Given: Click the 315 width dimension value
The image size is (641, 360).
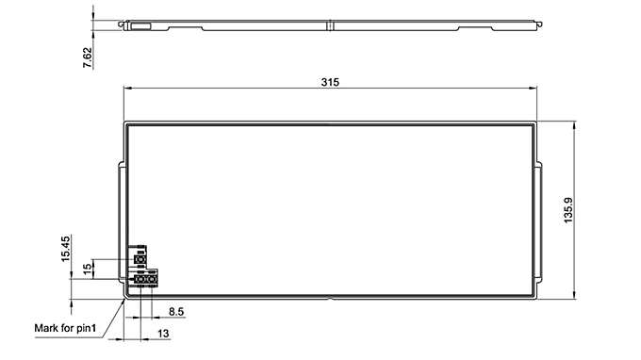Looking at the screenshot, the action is click(x=329, y=82).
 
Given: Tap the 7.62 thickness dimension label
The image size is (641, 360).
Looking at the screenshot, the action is click(x=88, y=55).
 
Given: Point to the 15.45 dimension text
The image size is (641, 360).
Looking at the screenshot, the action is click(x=66, y=249).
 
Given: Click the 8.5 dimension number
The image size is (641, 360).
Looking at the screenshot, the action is click(x=176, y=311).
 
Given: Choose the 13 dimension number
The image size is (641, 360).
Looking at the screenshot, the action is click(x=163, y=334).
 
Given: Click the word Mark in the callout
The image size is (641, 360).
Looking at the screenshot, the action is click(x=47, y=328).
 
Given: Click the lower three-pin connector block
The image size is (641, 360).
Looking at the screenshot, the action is click(x=145, y=280).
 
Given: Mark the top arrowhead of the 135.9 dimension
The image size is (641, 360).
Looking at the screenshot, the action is click(x=574, y=124).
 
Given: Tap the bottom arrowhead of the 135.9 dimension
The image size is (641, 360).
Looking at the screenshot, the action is click(x=574, y=296).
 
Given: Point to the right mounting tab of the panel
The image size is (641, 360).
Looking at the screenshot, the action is click(x=540, y=222).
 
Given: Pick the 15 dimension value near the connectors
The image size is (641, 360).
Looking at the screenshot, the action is click(x=87, y=269).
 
